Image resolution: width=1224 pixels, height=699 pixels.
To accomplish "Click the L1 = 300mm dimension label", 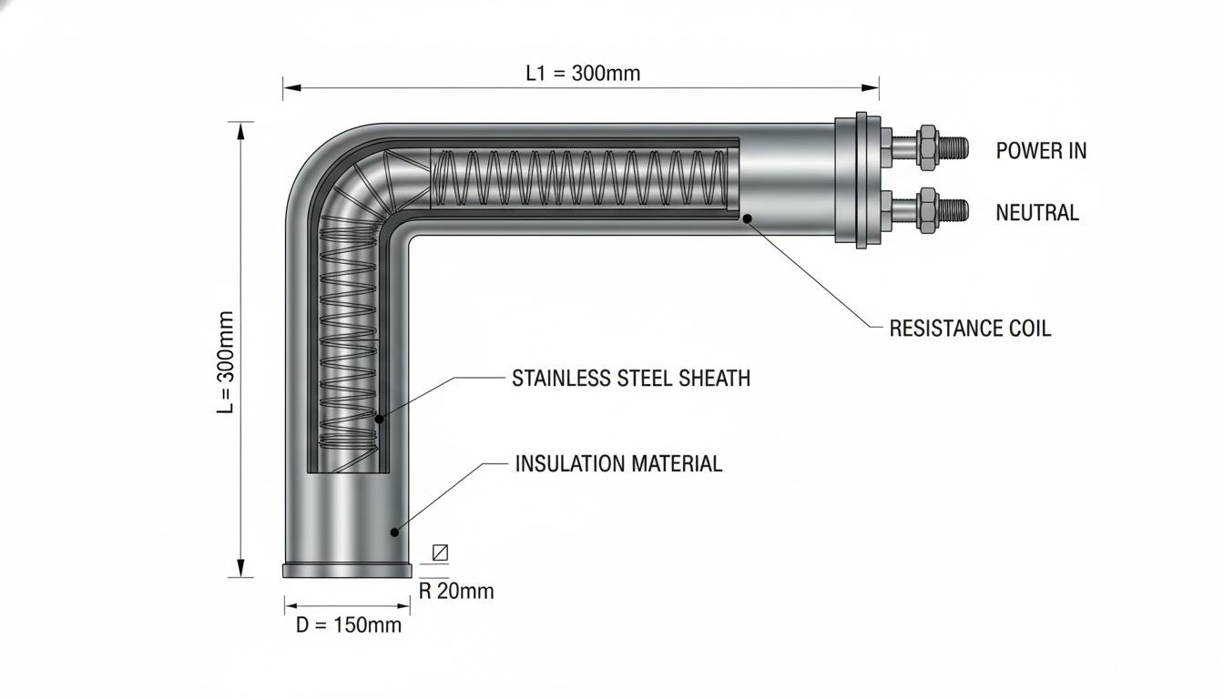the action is click(583, 73).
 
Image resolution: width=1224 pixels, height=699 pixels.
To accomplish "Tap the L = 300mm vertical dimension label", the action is click(226, 362).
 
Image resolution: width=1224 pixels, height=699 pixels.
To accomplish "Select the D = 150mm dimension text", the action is click(349, 624).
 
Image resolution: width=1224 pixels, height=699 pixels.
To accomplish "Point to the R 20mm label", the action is click(456, 591).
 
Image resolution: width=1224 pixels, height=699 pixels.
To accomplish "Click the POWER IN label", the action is click(1041, 151).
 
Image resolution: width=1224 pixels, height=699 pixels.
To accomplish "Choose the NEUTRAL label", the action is click(1037, 212).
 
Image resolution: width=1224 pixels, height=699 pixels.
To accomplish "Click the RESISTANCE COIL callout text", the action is click(970, 329).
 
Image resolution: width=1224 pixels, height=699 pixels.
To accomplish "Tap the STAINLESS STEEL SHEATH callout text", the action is click(631, 378).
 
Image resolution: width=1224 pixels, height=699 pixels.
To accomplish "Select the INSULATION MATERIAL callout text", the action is click(618, 463).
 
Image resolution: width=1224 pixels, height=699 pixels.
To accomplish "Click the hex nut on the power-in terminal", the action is click(927, 147).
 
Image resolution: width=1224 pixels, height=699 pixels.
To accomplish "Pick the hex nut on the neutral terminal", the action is click(927, 210).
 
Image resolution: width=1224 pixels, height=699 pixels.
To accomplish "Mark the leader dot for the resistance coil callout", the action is click(747, 218).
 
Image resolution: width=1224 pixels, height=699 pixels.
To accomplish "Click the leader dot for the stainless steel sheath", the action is click(379, 420).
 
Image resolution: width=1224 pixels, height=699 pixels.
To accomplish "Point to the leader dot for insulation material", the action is click(394, 532).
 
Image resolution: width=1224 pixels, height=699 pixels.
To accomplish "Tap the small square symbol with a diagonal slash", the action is click(441, 552).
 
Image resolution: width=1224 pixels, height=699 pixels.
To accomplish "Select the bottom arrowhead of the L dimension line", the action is click(241, 568).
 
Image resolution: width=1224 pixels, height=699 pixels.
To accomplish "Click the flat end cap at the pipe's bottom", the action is click(347, 570).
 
